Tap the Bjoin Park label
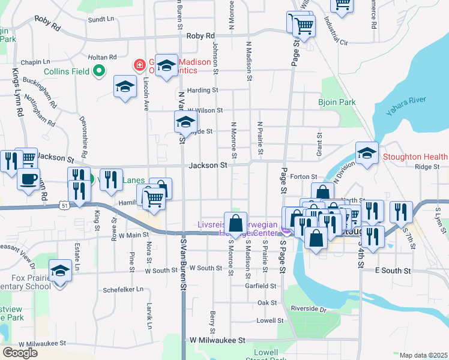tap(337, 102)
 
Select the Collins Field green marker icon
tap(100, 72)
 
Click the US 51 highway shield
tap(64, 205)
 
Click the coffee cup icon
tap(28, 179)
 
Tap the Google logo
tap(20, 353)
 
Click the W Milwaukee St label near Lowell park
tap(217, 340)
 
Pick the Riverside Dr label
tap(307, 310)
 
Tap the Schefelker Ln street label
tap(122, 289)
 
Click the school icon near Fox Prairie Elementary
tap(60, 271)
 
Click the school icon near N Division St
tap(367, 152)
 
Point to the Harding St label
tap(202, 91)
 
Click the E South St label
tap(392, 271)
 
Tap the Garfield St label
tap(261, 286)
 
